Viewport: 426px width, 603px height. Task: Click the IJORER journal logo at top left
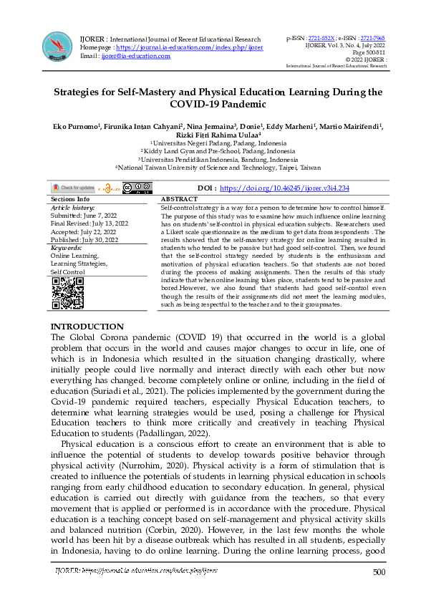[57, 46]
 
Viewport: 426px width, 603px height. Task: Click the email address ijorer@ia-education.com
[136, 55]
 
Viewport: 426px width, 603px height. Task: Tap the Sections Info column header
[70, 198]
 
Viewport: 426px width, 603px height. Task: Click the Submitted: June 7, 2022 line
[84, 214]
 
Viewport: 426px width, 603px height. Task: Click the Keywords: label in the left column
[67, 246]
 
